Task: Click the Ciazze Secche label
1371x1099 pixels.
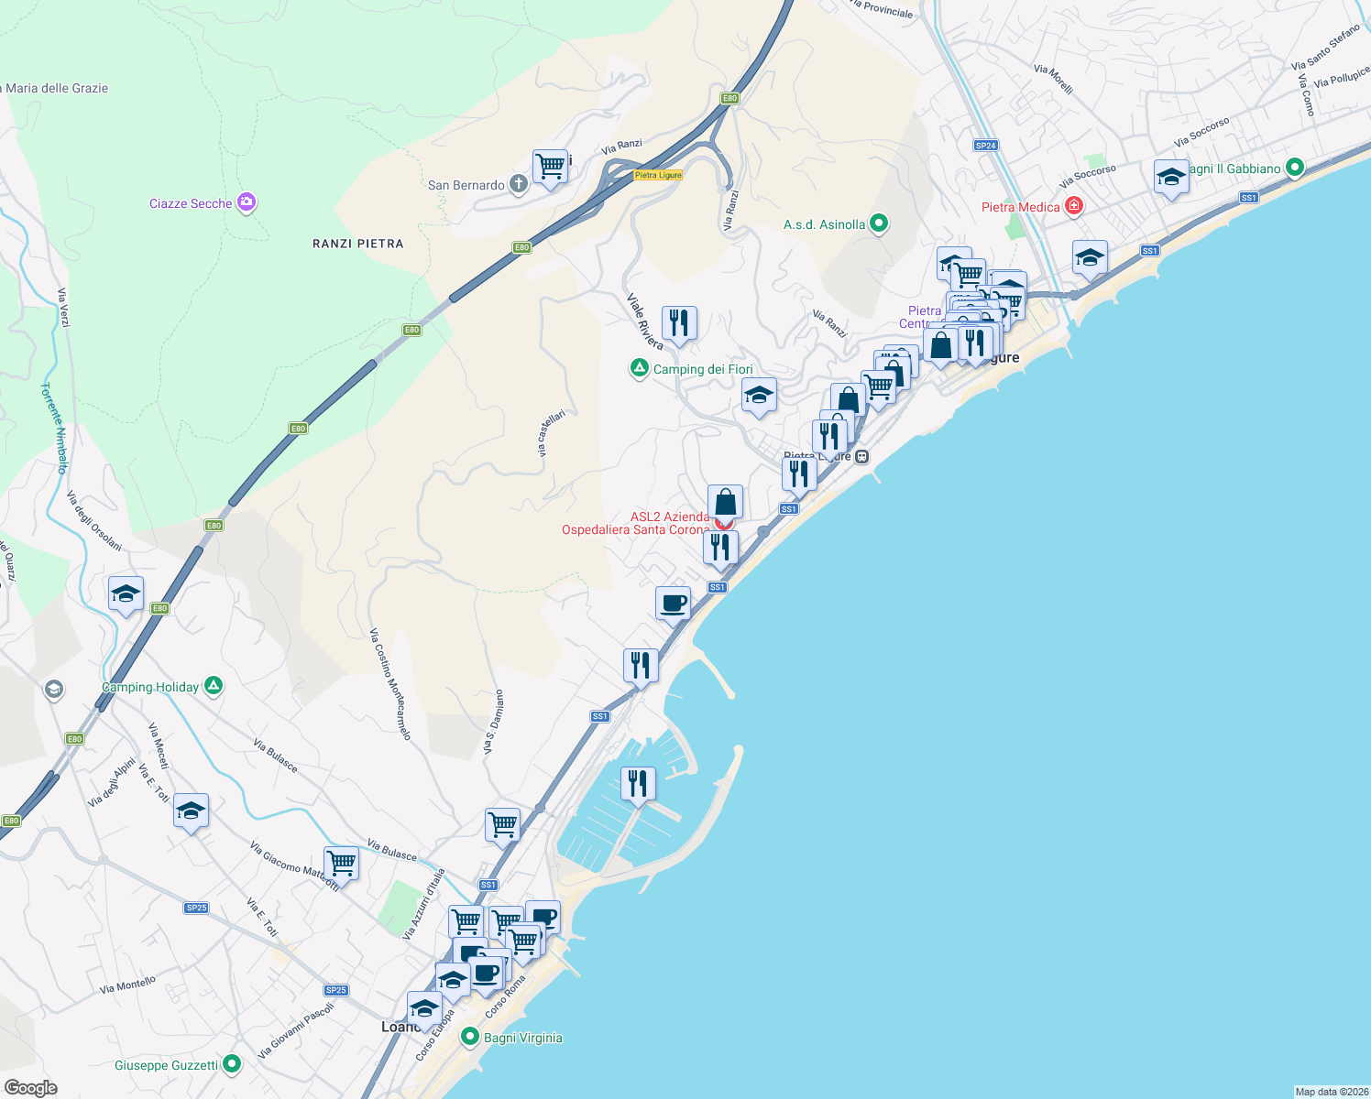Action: tap(191, 203)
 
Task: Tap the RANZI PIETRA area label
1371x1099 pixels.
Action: tap(357, 244)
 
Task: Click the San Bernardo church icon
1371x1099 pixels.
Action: tap(518, 184)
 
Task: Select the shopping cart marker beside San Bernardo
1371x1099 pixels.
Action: tap(550, 168)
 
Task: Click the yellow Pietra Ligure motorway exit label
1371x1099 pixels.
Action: tap(658, 175)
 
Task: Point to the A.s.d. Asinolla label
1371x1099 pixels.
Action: tap(824, 224)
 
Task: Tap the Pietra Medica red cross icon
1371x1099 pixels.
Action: tap(1074, 207)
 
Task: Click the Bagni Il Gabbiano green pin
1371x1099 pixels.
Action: tap(1294, 168)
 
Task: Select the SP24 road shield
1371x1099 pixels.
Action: tap(985, 146)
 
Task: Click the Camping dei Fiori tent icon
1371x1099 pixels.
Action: tap(639, 368)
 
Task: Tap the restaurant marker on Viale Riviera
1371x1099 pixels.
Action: tap(678, 323)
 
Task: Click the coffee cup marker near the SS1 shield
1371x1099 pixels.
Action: tap(673, 604)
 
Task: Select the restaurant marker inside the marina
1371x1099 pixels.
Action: tap(638, 784)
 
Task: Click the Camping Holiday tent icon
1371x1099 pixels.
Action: tap(213, 685)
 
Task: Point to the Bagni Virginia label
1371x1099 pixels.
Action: tap(522, 1038)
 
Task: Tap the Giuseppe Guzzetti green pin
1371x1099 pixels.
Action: tap(231, 1064)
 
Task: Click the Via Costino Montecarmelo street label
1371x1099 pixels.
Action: tap(390, 684)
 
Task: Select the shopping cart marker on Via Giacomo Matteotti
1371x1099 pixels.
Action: tap(341, 862)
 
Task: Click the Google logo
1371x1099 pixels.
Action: tap(31, 1088)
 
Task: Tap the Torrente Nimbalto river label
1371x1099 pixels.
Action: tap(54, 428)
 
